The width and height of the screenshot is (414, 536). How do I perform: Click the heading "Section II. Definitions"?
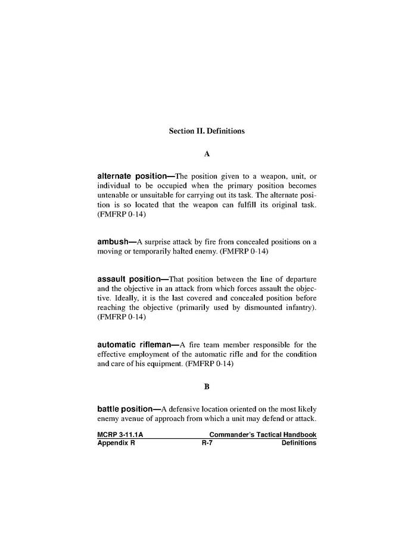click(207, 131)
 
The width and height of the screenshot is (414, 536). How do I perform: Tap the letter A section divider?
click(207, 154)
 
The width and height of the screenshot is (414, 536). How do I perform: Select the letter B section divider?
click(207, 386)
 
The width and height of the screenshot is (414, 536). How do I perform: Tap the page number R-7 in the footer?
click(207, 443)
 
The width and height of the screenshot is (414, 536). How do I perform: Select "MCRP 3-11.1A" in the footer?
click(119, 435)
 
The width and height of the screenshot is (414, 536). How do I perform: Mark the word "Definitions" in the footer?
click(298, 443)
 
